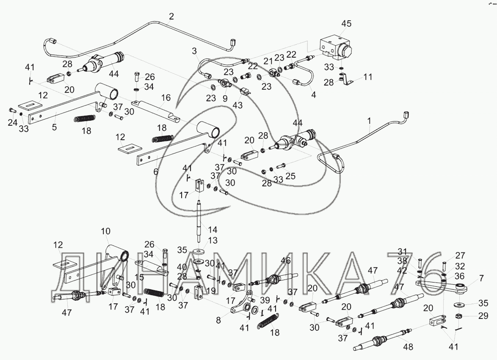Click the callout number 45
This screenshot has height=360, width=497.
[x=346, y=24]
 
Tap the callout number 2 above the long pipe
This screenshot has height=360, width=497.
[x=171, y=17]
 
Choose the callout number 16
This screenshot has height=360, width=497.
[x=166, y=98]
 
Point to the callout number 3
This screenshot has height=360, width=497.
[x=194, y=51]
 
